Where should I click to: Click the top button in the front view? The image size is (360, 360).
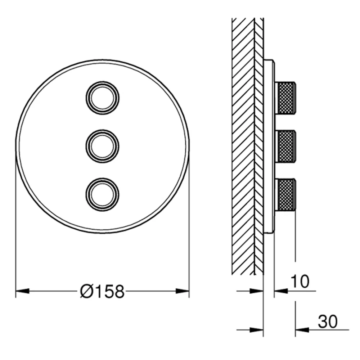(103, 98)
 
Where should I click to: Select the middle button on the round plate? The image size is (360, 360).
(103, 146)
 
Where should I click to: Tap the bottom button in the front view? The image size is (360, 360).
(103, 194)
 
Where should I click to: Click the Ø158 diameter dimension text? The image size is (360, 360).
(102, 291)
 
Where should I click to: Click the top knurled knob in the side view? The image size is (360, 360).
(285, 98)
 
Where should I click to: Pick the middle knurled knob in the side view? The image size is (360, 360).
(285, 146)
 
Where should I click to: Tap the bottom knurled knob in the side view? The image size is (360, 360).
(285, 195)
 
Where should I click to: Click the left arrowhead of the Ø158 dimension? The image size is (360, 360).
(22, 291)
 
